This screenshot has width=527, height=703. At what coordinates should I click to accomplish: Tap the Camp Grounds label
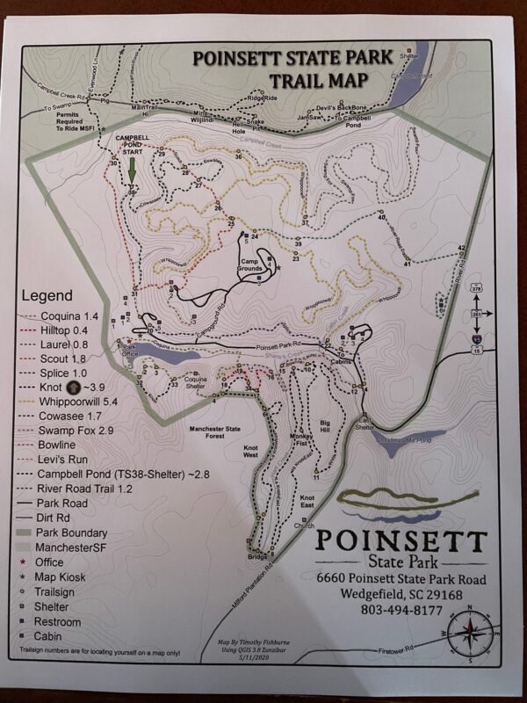pyautogui.click(x=253, y=267)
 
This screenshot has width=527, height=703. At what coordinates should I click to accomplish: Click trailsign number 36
pyautogui.click(x=238, y=156)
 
